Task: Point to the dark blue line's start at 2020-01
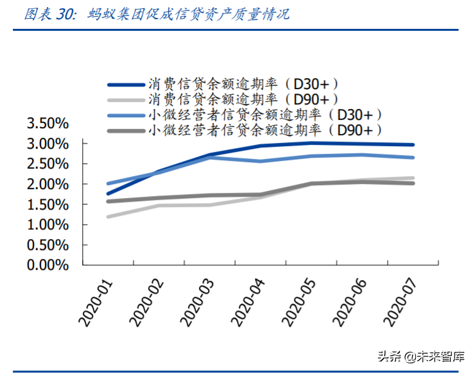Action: coord(108,194)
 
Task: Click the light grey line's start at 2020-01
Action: coord(108,217)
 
